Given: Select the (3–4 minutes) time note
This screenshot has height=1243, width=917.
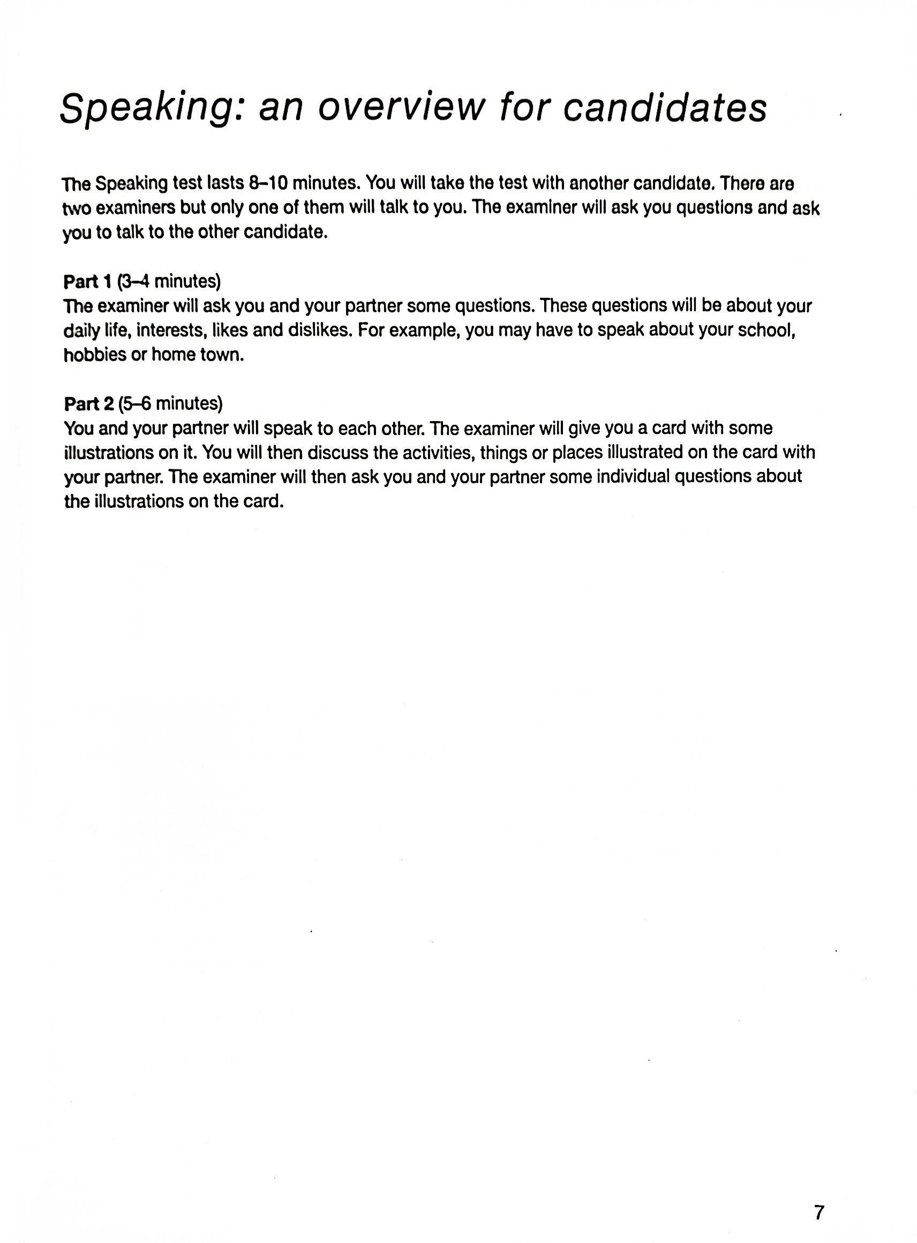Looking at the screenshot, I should (169, 281).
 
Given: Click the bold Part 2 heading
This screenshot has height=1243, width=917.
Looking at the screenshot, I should (89, 403).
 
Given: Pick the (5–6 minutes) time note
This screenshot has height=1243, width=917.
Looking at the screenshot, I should (170, 403).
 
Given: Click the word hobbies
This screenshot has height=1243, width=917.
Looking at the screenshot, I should (95, 355).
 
